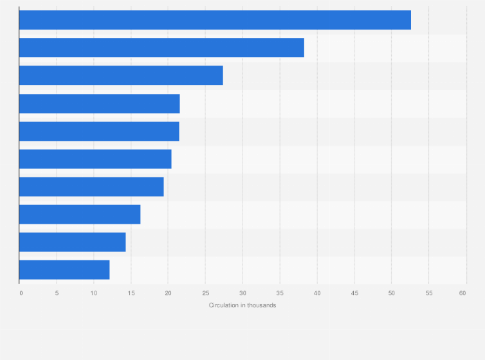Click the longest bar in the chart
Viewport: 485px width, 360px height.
(x=215, y=20)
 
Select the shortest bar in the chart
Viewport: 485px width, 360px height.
(x=64, y=269)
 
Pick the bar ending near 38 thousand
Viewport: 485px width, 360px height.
(x=161, y=48)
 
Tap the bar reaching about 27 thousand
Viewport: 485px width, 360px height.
(x=121, y=75)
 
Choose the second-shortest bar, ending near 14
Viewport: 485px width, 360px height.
(x=72, y=242)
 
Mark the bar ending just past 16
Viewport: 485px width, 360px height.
(x=80, y=214)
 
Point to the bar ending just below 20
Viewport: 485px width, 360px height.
(x=91, y=186)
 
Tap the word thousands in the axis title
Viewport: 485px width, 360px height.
(x=262, y=305)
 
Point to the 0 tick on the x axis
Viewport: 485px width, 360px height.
(x=21, y=293)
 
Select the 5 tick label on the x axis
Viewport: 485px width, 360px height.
(x=57, y=293)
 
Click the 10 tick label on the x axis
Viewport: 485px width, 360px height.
(x=93, y=293)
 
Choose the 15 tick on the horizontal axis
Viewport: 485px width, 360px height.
(x=131, y=293)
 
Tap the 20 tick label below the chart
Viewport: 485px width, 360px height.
(x=168, y=293)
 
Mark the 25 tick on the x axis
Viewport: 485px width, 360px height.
(x=205, y=293)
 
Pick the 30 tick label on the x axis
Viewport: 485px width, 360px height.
(x=243, y=293)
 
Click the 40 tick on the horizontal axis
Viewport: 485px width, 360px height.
(x=317, y=293)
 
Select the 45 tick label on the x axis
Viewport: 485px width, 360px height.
(x=354, y=293)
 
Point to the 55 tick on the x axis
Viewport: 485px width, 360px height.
(x=429, y=293)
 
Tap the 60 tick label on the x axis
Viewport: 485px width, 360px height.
(x=462, y=293)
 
